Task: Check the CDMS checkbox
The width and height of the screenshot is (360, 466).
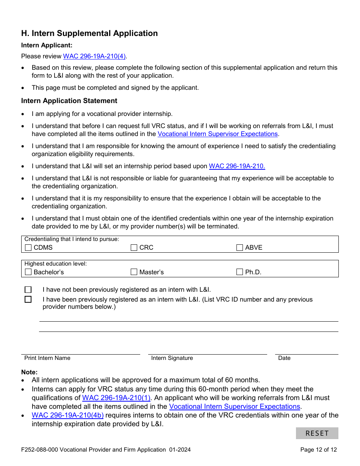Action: [x=28, y=248]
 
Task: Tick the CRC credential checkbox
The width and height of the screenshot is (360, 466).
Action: [x=134, y=248]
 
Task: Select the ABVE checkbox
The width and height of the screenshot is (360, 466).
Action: [x=240, y=248]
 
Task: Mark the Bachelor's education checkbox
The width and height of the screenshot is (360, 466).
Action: [x=28, y=272]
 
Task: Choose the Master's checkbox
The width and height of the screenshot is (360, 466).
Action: [x=134, y=272]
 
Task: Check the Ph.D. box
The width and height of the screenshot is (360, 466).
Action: [x=240, y=272]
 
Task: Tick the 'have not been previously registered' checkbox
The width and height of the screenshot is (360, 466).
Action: [x=28, y=290]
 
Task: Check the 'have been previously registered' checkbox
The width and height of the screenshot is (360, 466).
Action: [x=28, y=300]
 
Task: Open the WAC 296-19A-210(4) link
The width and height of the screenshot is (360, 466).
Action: [x=94, y=56]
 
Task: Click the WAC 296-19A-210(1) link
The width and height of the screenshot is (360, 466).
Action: [x=116, y=398]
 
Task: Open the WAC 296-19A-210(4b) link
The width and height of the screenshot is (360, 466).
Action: [x=67, y=415]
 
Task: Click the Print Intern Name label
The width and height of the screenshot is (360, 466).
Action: [x=47, y=358]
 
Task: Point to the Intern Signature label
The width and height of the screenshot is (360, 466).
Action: [x=172, y=358]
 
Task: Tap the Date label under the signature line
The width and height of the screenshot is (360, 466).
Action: [x=284, y=358]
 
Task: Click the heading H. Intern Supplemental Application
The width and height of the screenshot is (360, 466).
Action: [x=89, y=33]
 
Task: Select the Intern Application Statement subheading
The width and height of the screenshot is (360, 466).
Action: [x=69, y=101]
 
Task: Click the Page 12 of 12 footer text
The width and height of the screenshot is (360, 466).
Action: [x=318, y=450]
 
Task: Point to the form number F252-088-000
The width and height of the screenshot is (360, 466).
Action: [x=39, y=450]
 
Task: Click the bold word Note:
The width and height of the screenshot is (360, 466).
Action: [x=30, y=372]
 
